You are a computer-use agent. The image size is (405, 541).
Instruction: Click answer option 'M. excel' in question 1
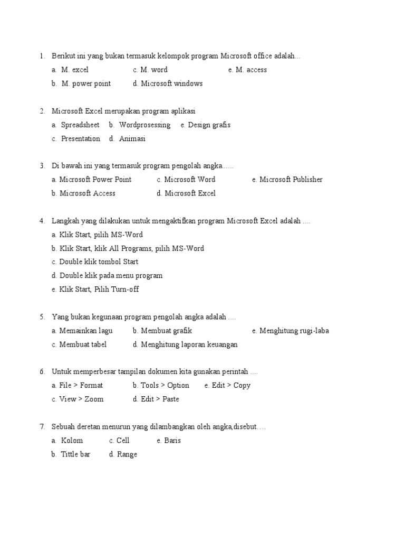[x=74, y=70]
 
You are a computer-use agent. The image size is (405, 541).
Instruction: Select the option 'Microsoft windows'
[x=171, y=83]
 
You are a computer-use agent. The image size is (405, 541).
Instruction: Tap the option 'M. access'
[x=251, y=70]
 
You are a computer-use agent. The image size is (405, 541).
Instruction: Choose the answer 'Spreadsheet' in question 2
[x=80, y=125]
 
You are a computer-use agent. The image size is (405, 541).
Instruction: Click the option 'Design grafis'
[x=209, y=125]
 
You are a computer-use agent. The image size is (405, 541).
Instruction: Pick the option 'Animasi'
[x=132, y=139]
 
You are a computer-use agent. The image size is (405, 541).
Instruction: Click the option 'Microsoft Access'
[x=87, y=193]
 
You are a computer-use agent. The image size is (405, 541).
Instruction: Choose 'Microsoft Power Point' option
[x=95, y=180]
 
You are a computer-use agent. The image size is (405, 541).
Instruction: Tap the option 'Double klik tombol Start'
[x=99, y=262]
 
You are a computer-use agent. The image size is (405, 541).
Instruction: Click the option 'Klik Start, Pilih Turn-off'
[x=99, y=290]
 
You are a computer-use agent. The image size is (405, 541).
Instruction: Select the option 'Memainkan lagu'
[x=86, y=331]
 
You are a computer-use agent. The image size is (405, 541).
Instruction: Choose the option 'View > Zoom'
[x=81, y=399]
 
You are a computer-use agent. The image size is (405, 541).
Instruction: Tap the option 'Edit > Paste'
[x=160, y=399]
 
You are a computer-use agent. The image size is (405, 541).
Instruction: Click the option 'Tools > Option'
[x=165, y=386]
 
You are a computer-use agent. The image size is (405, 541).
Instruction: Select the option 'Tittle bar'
[x=75, y=454]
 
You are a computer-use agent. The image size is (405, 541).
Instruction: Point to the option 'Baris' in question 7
[x=172, y=441]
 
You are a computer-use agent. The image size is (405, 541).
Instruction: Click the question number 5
[x=42, y=318]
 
